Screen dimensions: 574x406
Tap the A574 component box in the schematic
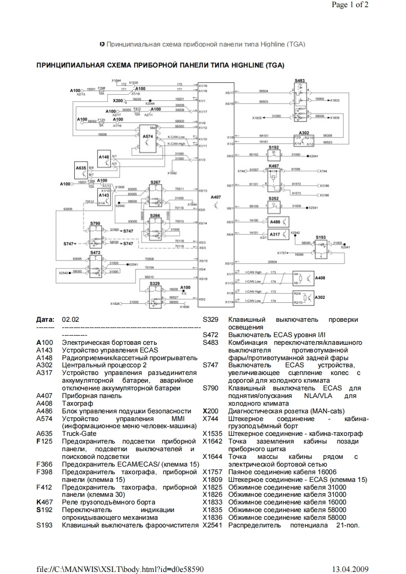pyautogui.click(x=147, y=137)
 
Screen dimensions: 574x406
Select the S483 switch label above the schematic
pyautogui.click(x=300, y=81)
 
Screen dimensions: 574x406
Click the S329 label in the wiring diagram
pyautogui.click(x=155, y=283)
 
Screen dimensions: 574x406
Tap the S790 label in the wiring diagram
pyautogui.click(x=95, y=223)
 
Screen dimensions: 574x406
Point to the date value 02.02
pyautogui.click(x=70, y=319)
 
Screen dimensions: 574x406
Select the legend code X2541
pyautogui.click(x=212, y=525)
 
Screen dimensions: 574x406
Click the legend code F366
pyautogui.click(x=45, y=463)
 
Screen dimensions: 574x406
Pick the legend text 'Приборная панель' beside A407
pyautogui.click(x=89, y=395)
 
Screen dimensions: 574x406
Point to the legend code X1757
pyautogui.click(x=212, y=471)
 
